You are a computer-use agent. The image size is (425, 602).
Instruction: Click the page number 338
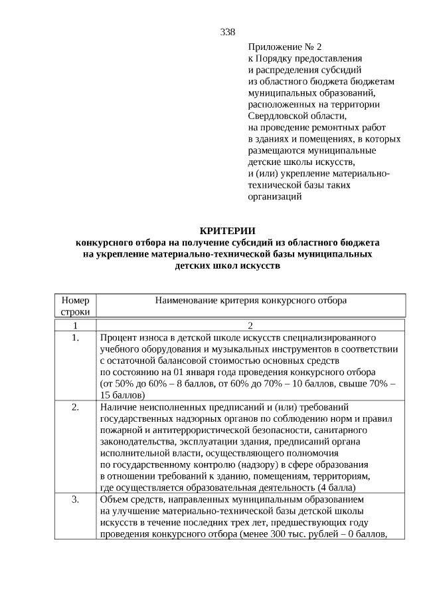227,32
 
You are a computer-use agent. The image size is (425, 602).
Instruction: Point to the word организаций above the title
275,196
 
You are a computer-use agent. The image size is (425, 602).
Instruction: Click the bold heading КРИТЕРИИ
227,230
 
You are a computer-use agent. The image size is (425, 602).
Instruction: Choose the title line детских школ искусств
227,265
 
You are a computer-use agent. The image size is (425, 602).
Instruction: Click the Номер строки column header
75,306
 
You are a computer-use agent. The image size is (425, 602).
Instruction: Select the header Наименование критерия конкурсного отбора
250,301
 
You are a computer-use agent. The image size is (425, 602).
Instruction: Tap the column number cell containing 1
75,325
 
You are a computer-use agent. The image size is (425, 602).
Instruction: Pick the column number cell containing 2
250,325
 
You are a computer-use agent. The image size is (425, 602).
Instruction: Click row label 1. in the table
75,337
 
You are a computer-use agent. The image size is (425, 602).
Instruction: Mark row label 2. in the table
75,406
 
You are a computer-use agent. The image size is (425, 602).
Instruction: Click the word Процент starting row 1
118,337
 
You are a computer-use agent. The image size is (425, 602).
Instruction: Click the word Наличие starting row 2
119,406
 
